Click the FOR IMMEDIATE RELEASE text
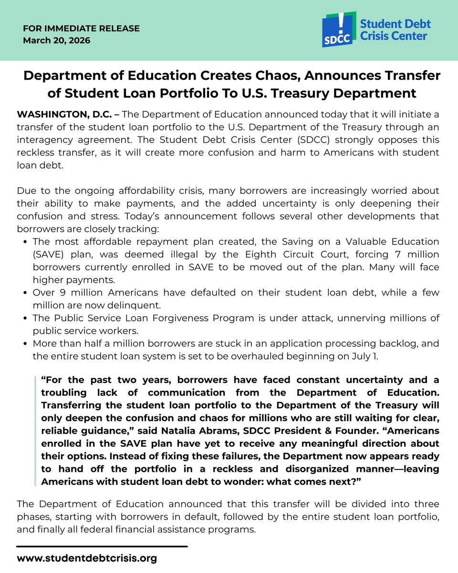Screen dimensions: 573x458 pyautogui.click(x=81, y=29)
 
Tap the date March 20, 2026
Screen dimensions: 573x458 pyautogui.click(x=56, y=41)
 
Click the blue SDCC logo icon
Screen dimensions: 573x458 pyautogui.click(x=339, y=30)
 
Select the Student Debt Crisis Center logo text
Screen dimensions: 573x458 pyautogui.click(x=395, y=30)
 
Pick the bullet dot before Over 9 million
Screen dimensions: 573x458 pyautogui.click(x=25, y=293)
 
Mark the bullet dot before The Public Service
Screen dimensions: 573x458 pyautogui.click(x=25, y=318)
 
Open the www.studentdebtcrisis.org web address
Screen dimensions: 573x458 pyautogui.click(x=86, y=558)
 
